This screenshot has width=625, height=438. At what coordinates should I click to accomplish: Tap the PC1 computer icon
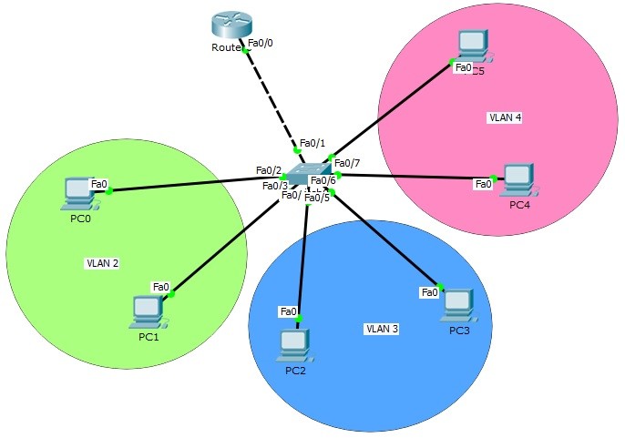click(x=146, y=311)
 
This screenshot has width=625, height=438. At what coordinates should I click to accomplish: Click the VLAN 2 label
click(x=103, y=263)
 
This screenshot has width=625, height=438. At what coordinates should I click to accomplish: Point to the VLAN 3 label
click(x=382, y=328)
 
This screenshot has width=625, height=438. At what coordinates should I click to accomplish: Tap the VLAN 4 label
click(x=505, y=117)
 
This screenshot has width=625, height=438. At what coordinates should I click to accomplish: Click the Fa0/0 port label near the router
click(x=261, y=42)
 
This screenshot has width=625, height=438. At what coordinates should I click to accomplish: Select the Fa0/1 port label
click(x=312, y=143)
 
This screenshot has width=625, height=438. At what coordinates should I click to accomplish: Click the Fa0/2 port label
click(x=269, y=170)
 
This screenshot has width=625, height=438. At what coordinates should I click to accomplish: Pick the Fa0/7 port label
click(x=347, y=163)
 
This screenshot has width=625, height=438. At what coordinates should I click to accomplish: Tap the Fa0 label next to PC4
click(x=483, y=185)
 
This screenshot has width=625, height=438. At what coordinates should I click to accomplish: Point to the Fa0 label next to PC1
click(x=161, y=287)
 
